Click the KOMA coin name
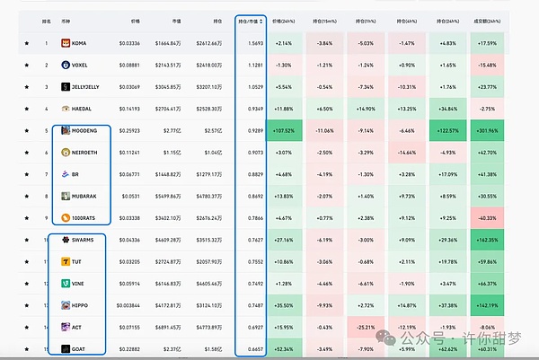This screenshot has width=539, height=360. pos(81,42)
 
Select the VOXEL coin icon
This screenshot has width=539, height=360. pos(66,64)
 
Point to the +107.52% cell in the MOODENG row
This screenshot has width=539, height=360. pos(283,130)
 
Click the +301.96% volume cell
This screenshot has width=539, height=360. pos(488,130)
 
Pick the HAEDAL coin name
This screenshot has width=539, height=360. pos(84,108)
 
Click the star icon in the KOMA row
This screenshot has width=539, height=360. pos(26,42)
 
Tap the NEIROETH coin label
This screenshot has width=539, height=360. pos(86,152)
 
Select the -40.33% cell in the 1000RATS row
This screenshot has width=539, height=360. pos(488,217)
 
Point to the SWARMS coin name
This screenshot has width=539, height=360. pos(84,240)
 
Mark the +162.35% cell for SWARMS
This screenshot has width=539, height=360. pos(488,240)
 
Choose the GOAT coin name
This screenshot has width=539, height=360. pos(81,348)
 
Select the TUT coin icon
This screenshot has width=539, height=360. pos(66,261)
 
